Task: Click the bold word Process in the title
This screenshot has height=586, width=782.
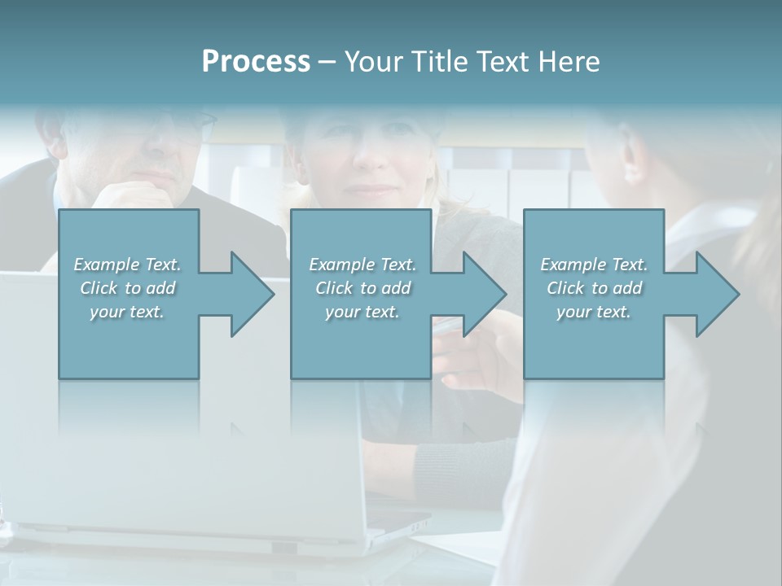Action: (256, 62)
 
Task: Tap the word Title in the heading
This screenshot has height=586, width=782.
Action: (441, 62)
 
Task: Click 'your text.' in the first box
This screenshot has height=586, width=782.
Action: (127, 312)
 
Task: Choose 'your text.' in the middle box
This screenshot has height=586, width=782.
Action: (362, 312)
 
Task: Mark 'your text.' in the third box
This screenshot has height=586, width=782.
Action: (594, 312)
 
